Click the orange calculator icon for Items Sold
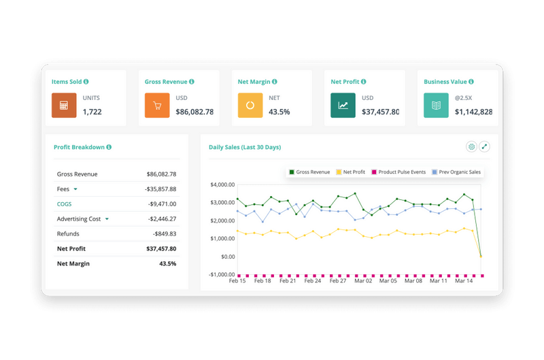[x=64, y=105]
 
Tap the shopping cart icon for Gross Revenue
[x=157, y=105]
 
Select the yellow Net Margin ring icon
[x=250, y=105]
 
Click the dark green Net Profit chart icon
[x=343, y=105]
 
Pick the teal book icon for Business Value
[x=437, y=105]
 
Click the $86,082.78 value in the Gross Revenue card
[x=194, y=112]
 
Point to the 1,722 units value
[x=92, y=112]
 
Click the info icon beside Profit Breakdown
[x=109, y=147]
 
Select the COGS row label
[x=65, y=204]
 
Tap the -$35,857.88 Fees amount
[x=160, y=189]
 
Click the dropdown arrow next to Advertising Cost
[x=107, y=219]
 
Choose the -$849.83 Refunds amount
[x=163, y=234]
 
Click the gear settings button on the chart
[x=471, y=146]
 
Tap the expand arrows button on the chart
[x=484, y=146]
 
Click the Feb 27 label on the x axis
[x=337, y=280]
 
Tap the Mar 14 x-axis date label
[x=464, y=280]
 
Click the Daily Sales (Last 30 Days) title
[x=245, y=147]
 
